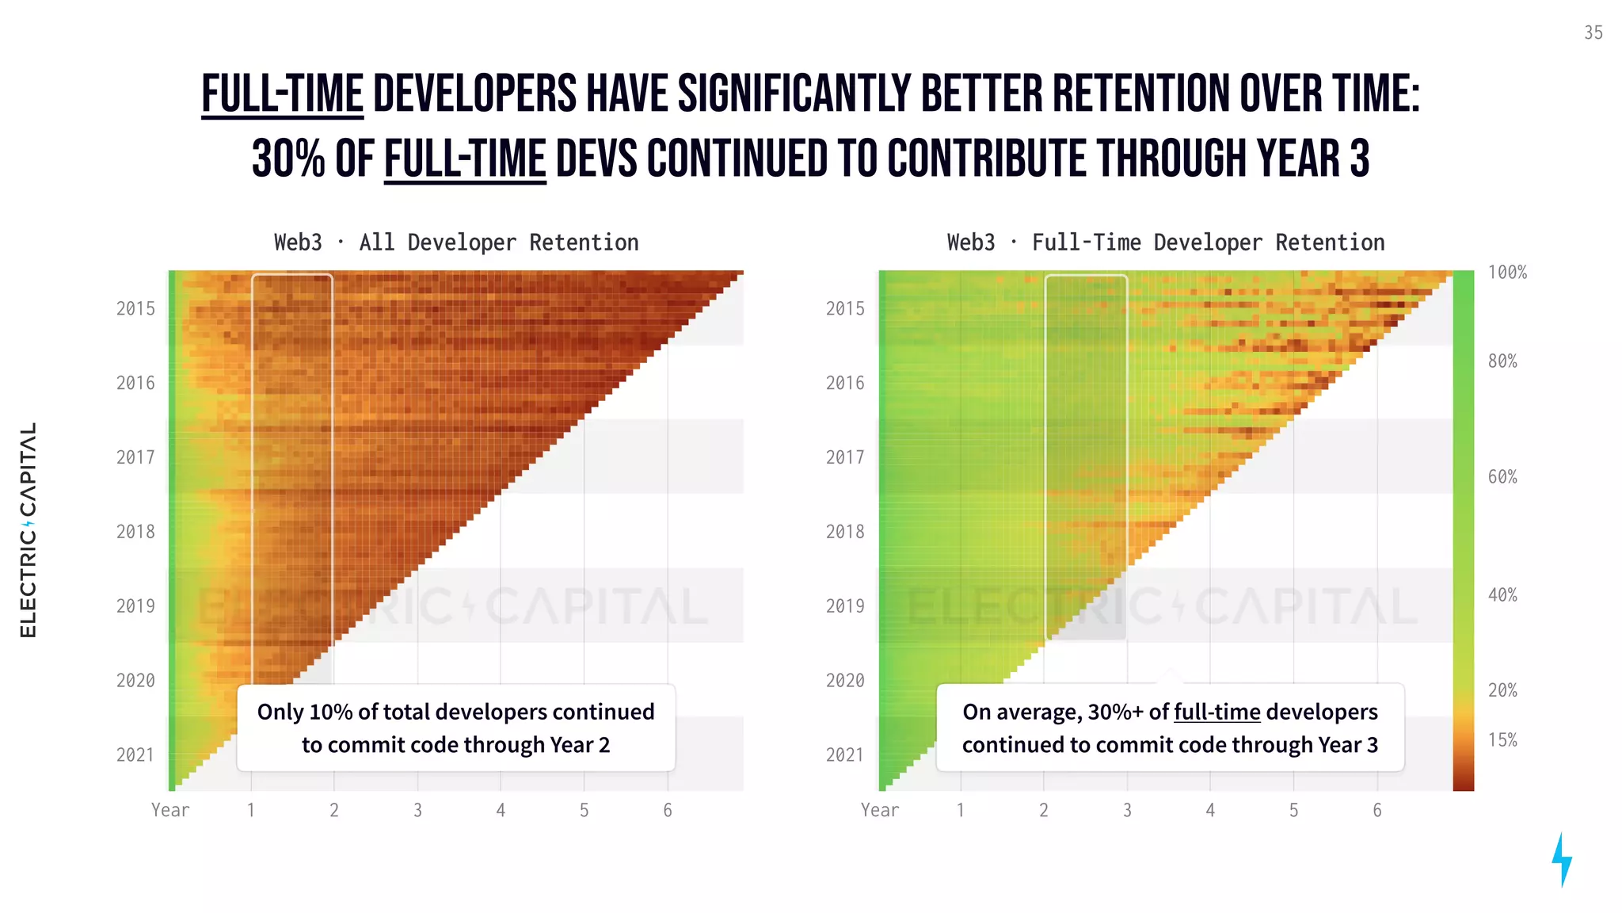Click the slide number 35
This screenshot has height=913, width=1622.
click(x=1593, y=32)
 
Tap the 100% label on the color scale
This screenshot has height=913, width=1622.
click(x=1506, y=273)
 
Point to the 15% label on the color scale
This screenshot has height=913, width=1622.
click(x=1502, y=740)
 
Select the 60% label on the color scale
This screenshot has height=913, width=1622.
click(x=1502, y=477)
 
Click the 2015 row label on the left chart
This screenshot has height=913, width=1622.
click(x=135, y=309)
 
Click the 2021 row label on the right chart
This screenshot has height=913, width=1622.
click(x=845, y=755)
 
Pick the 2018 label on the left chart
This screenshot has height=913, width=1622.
click(x=135, y=532)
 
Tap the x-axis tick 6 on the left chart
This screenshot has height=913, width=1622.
click(x=668, y=810)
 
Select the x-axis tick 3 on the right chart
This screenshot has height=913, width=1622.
click(x=1127, y=810)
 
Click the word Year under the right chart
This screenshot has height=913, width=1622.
click(x=879, y=810)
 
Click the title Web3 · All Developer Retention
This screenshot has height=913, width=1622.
click(x=456, y=243)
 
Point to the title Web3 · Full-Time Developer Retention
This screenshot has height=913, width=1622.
click(x=1165, y=243)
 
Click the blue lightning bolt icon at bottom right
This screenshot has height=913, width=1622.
click(x=1561, y=859)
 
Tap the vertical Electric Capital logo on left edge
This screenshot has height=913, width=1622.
click(x=28, y=529)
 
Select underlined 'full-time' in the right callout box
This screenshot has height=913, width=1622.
click(x=1216, y=712)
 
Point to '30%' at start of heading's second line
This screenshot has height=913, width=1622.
click(x=288, y=159)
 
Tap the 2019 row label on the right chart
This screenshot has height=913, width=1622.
click(x=845, y=606)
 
